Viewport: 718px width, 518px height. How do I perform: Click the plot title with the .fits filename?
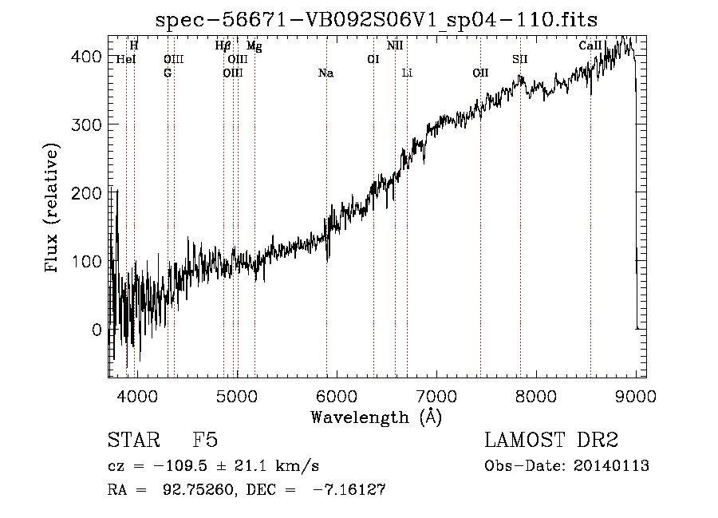coord(376,19)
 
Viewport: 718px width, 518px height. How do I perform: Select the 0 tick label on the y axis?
coord(97,330)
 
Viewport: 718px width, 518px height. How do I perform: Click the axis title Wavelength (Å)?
coord(376,417)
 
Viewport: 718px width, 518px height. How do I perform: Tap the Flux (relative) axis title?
coord(53,209)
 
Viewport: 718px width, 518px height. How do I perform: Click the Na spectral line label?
coord(325,73)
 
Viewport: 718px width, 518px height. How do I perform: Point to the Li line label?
coord(407,73)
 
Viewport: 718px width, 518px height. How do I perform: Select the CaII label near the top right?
coord(590,46)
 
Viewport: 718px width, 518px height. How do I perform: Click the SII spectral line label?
coord(520,59)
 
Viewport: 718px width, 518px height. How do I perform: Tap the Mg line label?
coord(254,46)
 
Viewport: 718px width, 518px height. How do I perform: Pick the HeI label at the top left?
coord(126,59)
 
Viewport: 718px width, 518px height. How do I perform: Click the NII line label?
coord(395,46)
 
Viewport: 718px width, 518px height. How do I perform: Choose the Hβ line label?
coord(223,46)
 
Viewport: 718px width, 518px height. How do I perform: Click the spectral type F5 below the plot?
coord(206,441)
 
